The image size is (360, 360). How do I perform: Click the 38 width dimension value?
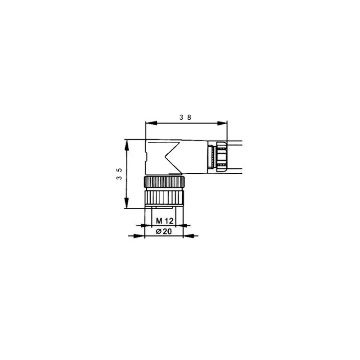click(185, 117)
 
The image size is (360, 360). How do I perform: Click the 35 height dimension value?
click(119, 174)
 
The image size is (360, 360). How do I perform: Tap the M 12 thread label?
click(165, 221)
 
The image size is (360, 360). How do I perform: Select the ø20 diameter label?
click(164, 231)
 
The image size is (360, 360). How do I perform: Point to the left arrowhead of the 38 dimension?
click(151, 123)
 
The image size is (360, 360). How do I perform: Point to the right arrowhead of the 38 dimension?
click(222, 123)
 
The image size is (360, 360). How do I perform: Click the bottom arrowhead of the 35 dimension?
click(126, 203)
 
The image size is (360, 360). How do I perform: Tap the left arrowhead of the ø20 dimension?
click(139, 236)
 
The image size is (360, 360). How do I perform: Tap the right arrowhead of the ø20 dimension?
click(189, 236)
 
